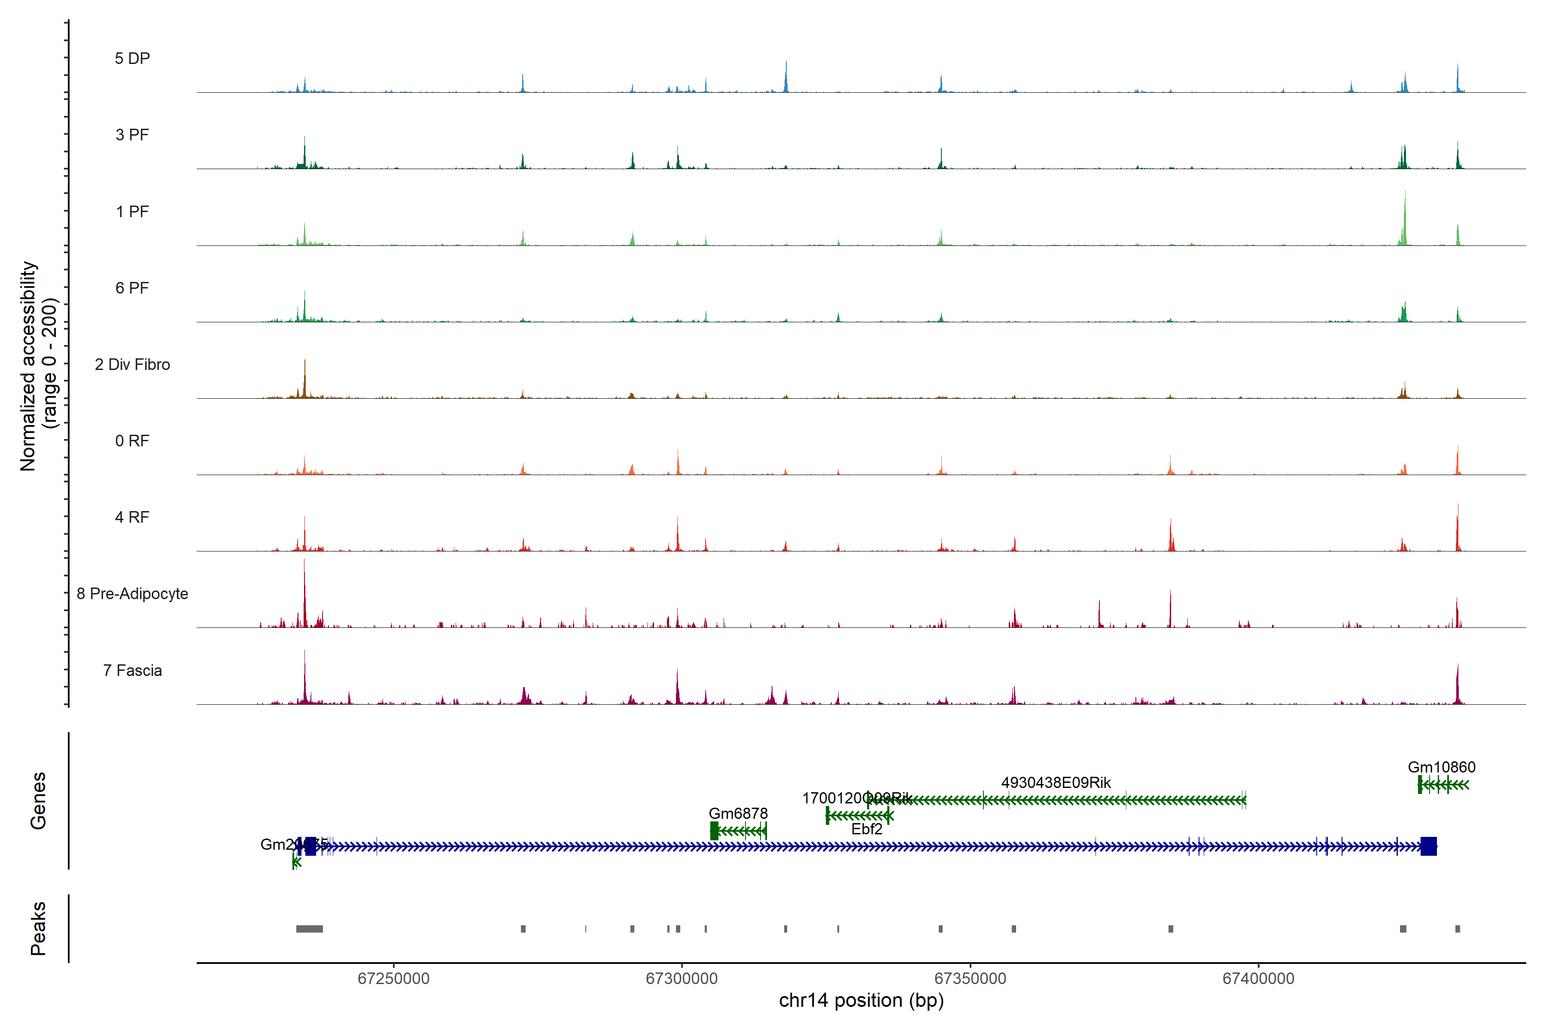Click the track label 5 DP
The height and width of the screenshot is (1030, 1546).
132,58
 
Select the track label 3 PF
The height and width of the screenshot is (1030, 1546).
132,135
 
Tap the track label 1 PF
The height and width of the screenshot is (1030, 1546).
132,212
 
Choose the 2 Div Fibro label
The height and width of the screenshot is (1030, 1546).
132,364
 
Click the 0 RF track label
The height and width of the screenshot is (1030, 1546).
132,441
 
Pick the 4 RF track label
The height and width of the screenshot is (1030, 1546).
132,517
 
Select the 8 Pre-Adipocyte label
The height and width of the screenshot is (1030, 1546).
132,594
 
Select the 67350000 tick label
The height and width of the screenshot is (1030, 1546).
970,978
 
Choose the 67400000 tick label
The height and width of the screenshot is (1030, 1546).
1258,978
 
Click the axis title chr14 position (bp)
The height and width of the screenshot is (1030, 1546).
861,1000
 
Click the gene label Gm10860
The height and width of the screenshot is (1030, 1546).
1442,767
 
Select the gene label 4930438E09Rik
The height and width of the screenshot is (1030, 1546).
1056,782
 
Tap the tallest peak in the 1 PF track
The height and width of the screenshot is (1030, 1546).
1405,192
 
